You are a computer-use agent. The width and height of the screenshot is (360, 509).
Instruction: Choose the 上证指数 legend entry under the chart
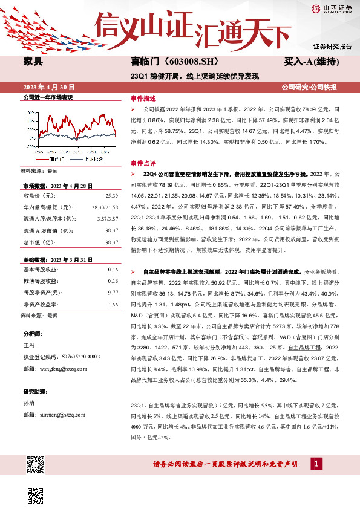tap(91, 159)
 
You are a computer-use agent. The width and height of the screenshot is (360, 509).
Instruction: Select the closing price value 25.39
tap(111, 195)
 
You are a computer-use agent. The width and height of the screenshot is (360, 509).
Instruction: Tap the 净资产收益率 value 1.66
tap(113, 304)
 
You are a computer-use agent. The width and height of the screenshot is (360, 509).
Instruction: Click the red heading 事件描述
tap(143, 98)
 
